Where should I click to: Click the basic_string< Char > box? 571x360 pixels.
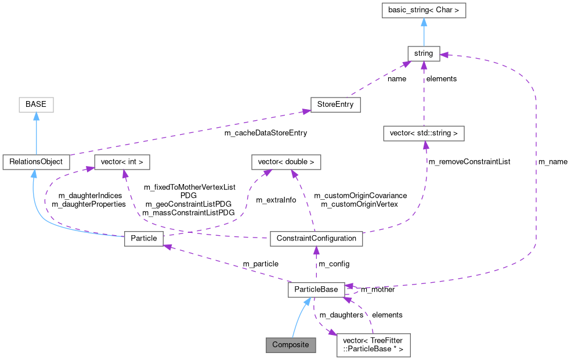point(424,10)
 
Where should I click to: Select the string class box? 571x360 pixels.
point(424,53)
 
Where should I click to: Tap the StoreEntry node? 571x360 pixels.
point(335,105)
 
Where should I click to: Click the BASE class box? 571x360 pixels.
point(35,105)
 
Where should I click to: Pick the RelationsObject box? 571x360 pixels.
point(36,162)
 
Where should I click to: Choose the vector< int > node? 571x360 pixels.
point(122,162)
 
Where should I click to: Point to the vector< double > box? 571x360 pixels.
point(286,162)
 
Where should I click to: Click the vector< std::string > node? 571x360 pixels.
point(424,133)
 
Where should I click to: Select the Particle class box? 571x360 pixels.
point(144,238)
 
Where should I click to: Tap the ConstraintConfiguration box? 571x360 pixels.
point(316,238)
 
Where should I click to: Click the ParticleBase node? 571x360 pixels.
point(316,289)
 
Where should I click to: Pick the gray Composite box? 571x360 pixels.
point(291,344)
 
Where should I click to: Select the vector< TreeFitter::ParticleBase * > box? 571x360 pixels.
point(373,344)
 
